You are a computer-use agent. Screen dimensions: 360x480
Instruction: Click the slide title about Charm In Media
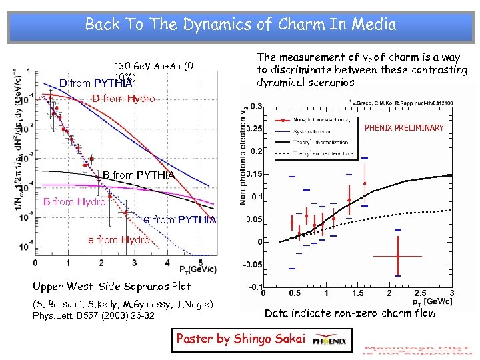pyautogui.click(x=240, y=25)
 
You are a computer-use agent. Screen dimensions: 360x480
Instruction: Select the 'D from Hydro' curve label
pyautogui.click(x=123, y=99)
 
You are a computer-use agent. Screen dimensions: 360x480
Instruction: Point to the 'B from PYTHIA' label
pyautogui.click(x=139, y=175)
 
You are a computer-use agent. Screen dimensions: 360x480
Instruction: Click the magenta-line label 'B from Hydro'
pyautogui.click(x=74, y=202)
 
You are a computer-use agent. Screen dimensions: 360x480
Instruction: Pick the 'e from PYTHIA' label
pyautogui.click(x=180, y=220)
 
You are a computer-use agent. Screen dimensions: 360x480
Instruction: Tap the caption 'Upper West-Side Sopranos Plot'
pyautogui.click(x=111, y=287)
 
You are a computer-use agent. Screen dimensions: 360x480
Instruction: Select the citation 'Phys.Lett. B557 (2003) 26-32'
pyautogui.click(x=93, y=315)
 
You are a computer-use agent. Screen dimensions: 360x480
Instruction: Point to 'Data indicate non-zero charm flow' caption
pyautogui.click(x=350, y=313)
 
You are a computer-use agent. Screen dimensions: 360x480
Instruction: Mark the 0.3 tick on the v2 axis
pyautogui.click(x=255, y=105)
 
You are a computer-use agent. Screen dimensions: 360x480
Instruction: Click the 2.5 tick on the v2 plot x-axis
pyautogui.click(x=421, y=293)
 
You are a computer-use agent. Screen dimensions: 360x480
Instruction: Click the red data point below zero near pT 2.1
pyautogui.click(x=397, y=256)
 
